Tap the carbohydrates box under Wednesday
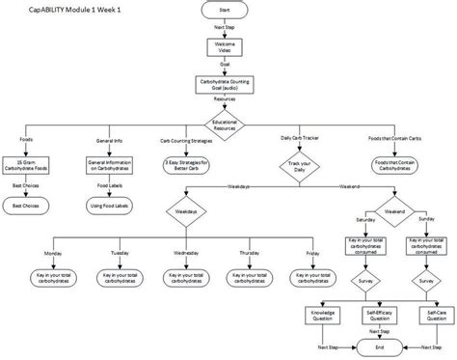point(184,276)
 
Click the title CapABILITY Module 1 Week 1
point(61,11)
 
